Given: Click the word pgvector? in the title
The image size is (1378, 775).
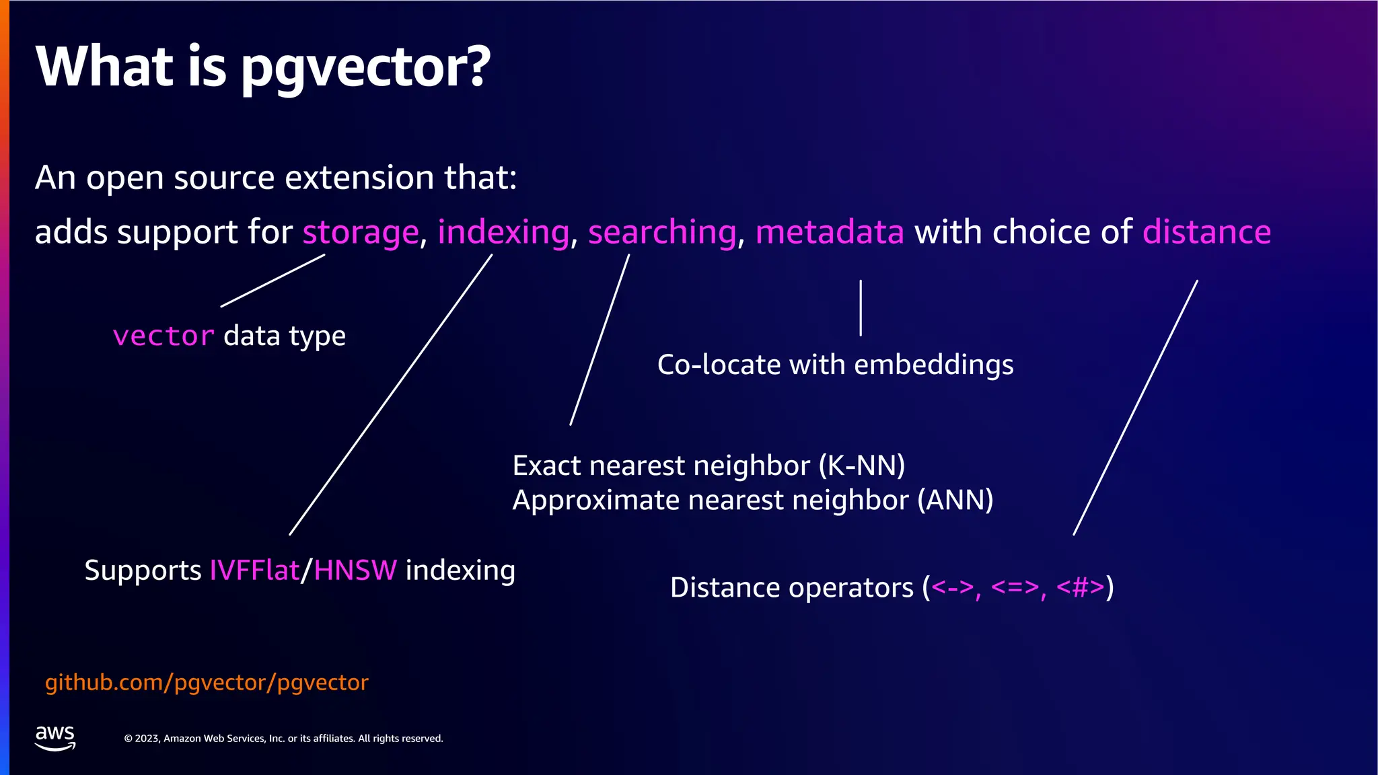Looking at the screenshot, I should coord(365,68).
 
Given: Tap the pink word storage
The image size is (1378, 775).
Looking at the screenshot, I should coord(361,233).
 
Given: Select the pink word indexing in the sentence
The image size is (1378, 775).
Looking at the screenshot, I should coord(503,233).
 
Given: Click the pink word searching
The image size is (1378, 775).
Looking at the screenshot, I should coord(662,233).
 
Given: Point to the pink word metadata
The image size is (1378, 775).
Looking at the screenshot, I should coord(829,232).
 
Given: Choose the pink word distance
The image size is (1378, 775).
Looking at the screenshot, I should coord(1206,232).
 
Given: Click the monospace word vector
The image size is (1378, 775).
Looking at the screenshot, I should coord(164,336).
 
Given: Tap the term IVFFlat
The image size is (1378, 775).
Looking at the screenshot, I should coord(254,570).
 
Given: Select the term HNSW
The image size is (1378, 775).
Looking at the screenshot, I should coord(355,570).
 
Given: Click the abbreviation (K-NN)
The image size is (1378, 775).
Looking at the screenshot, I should coord(861,466).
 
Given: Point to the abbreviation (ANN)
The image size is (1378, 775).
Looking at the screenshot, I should coord(955,500).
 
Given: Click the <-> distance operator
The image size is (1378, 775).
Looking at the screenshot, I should coord(952,587).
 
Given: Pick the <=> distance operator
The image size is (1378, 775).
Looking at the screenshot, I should coord(1015,587).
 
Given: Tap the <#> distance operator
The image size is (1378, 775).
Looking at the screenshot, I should coord(1080,587).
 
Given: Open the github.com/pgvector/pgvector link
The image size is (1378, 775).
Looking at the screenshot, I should coord(207,682).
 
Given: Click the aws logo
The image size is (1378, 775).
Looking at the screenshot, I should coord(55,737).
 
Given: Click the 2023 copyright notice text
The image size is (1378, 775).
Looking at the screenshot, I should coord(283,739).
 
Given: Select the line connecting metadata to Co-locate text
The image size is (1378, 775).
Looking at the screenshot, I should coord(861,307).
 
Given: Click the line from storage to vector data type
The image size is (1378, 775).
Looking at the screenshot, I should coord(273,281).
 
